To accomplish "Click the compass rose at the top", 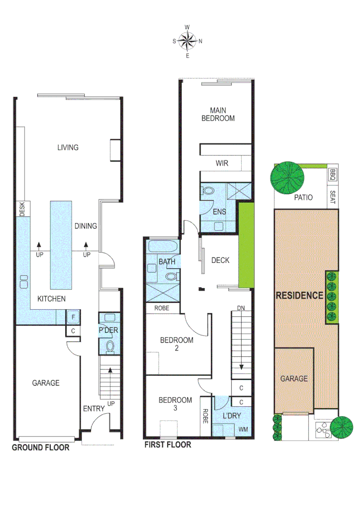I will pos(188,41).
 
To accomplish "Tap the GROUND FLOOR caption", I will pos(41,447).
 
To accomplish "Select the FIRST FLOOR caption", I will pos(168,444).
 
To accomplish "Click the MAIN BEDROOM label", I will pos(218,114).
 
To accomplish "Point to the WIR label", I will pos(222,164).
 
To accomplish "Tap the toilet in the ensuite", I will pos(208,191).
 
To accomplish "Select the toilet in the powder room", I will pos(110,346).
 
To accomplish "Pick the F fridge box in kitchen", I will pos(73,317).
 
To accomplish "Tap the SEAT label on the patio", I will pos(333,197).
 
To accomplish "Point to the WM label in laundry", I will pos(243,429).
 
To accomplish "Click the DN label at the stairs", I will pos(241,309).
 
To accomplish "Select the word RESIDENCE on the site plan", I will pos(299,296).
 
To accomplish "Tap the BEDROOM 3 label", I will pos(175,404).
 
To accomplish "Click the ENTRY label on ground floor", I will pos(93,409).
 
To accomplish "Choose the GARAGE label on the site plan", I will pos(294,378).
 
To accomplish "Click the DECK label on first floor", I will pos(220,260).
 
